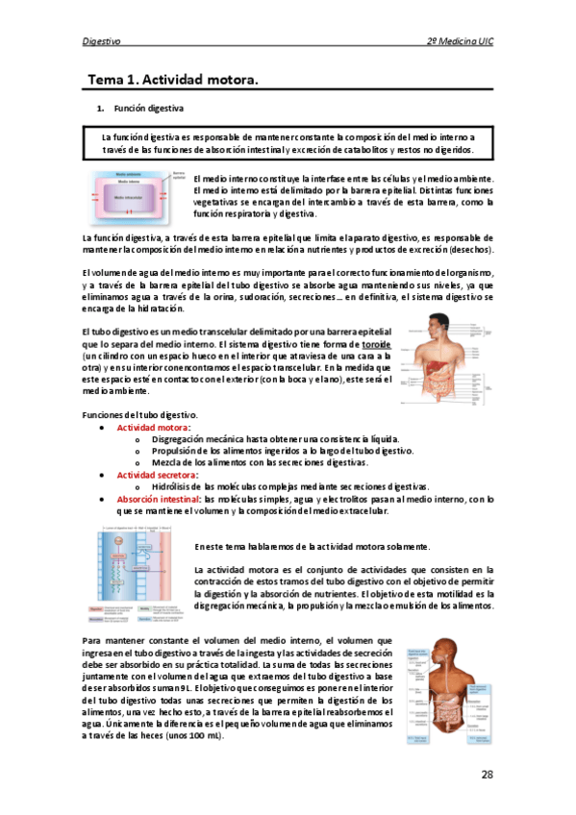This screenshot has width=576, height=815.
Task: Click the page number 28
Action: (x=487, y=775)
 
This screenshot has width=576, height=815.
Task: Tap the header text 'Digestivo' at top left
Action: (x=102, y=42)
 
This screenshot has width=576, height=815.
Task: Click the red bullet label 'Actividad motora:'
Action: (x=154, y=427)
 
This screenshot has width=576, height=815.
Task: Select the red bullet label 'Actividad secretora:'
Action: (x=158, y=475)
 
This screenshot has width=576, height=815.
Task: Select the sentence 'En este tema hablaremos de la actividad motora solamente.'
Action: (x=313, y=546)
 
